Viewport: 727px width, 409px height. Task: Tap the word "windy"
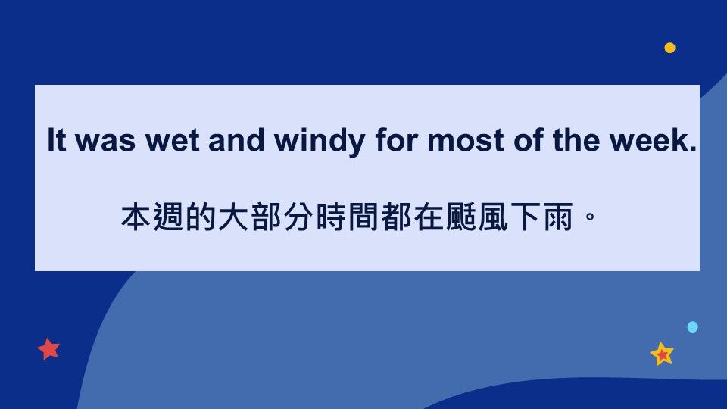[320, 142]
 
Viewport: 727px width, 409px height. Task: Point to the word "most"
[465, 141]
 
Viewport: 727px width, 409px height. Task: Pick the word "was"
[105, 142]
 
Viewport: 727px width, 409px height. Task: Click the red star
[48, 348]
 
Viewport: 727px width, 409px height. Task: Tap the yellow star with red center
[662, 354]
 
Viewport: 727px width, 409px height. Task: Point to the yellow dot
[670, 48]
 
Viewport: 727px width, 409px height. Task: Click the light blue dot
[693, 327]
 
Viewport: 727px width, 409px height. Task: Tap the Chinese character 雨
[558, 217]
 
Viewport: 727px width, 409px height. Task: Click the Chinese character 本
[136, 217]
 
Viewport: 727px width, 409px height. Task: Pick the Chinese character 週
[168, 217]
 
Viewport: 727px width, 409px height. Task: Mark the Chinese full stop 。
[590, 217]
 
